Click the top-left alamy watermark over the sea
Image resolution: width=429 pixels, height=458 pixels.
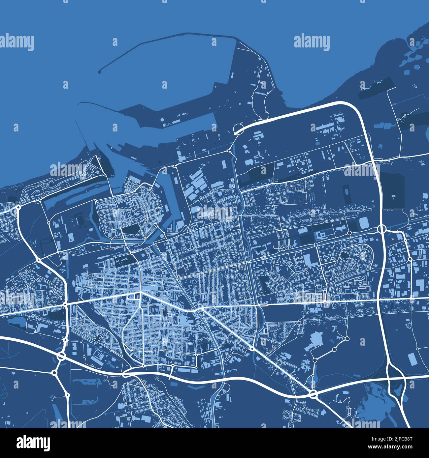(x=16, y=43)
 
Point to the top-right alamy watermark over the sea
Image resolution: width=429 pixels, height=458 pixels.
(x=312, y=43)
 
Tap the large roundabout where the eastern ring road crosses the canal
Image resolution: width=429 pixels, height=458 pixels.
(x=382, y=228)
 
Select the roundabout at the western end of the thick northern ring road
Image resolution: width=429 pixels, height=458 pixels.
(x=238, y=129)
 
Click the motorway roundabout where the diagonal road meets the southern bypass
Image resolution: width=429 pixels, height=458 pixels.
(x=313, y=394)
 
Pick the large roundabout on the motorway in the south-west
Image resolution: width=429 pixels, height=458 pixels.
(x=61, y=356)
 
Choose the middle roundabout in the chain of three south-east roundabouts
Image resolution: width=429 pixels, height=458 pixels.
(x=334, y=349)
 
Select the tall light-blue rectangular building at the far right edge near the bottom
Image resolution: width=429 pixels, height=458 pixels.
(x=412, y=359)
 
